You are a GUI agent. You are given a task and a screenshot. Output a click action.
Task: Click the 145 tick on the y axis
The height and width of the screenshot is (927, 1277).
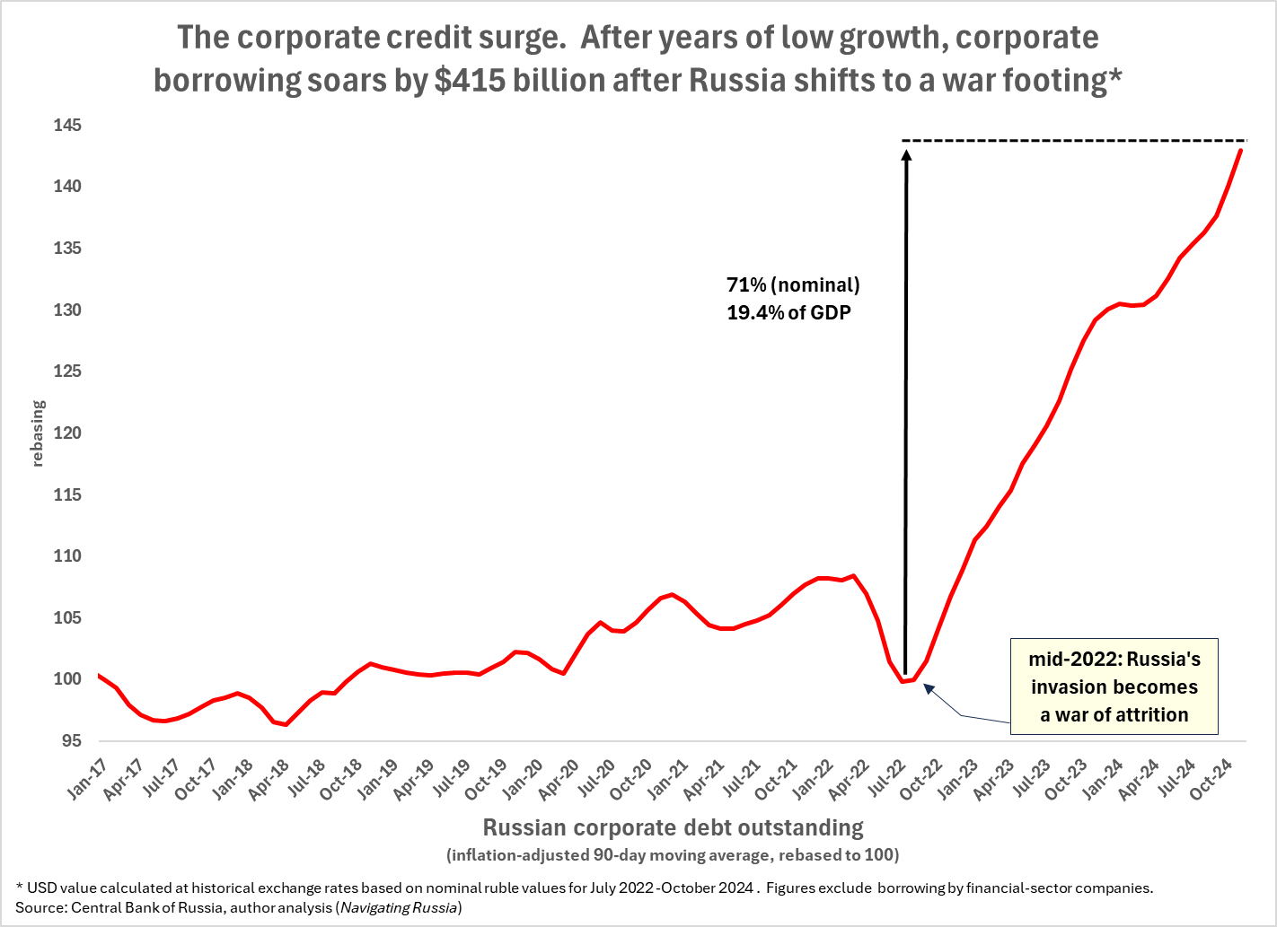point(67,126)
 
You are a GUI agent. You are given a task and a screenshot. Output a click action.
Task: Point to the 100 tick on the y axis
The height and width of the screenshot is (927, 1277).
point(67,679)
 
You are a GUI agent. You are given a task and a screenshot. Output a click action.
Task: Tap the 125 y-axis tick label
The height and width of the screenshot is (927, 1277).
point(67,372)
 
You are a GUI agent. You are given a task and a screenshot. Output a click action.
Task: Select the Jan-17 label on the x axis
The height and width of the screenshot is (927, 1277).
point(86,778)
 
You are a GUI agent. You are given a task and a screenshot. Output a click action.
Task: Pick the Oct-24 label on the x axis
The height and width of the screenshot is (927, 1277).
point(1209,778)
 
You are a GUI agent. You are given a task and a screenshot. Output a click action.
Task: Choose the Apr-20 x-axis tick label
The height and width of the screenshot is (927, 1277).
point(559,778)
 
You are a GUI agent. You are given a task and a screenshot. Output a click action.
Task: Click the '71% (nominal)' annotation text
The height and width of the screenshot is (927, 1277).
point(793,285)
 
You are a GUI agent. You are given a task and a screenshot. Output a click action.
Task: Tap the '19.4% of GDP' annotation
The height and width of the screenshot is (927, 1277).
point(788,313)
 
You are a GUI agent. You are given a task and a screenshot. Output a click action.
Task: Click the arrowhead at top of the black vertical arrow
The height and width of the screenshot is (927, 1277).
point(906,153)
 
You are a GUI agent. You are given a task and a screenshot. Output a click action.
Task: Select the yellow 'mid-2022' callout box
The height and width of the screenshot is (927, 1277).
point(1114,687)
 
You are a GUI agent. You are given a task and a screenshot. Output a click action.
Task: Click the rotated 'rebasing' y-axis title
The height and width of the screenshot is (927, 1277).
point(38,433)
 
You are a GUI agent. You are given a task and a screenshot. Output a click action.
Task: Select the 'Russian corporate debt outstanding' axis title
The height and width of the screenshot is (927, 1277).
point(673,827)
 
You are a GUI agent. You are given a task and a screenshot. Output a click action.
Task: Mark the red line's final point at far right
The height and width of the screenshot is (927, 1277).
point(1241,149)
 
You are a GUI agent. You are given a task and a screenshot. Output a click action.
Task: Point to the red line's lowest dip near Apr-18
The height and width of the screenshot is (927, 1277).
point(286,724)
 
